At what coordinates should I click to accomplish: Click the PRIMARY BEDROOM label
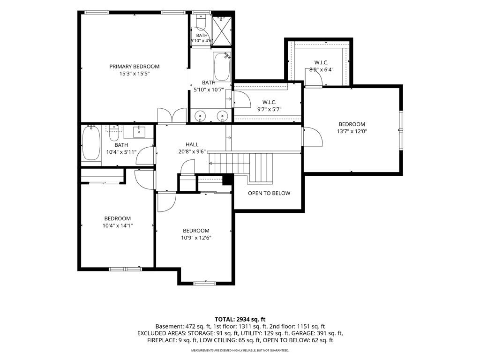(x=135, y=67)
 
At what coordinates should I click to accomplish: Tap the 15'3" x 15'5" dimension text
(x=135, y=74)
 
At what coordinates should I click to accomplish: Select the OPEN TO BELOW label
(x=269, y=193)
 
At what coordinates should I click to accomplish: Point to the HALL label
(x=192, y=144)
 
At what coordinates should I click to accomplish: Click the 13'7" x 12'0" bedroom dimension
(x=352, y=131)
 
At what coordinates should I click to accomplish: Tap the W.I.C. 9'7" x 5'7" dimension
(x=269, y=109)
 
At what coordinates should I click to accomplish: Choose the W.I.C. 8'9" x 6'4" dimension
(x=322, y=69)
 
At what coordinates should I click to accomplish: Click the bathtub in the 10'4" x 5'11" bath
(x=91, y=142)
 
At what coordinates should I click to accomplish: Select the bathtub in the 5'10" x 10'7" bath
(x=222, y=67)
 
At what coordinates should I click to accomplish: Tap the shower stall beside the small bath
(x=222, y=31)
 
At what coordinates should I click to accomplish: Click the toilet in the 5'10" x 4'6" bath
(x=201, y=22)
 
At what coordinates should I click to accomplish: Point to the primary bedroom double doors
(x=172, y=116)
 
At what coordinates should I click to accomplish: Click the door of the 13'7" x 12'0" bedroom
(x=312, y=136)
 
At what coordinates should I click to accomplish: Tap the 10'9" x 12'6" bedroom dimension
(x=196, y=238)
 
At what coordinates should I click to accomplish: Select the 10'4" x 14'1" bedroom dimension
(x=118, y=225)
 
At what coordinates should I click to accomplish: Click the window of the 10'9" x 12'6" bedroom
(x=205, y=283)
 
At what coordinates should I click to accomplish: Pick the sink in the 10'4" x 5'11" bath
(x=140, y=132)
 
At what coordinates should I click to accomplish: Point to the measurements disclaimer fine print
(x=240, y=350)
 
